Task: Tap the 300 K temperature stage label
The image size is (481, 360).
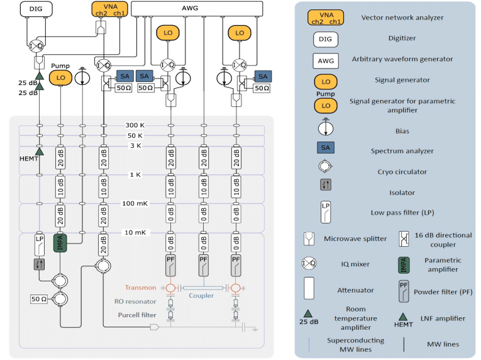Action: click(135, 125)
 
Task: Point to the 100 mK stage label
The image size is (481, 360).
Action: click(135, 203)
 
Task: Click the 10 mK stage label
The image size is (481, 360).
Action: click(135, 233)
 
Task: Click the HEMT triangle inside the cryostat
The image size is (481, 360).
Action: click(39, 151)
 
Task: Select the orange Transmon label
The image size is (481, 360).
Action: click(141, 288)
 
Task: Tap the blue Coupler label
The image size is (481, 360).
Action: click(202, 296)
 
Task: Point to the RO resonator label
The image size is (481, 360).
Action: click(135, 301)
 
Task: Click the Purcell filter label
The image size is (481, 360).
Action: click(135, 315)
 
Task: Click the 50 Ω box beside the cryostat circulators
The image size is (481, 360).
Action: click(39, 298)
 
